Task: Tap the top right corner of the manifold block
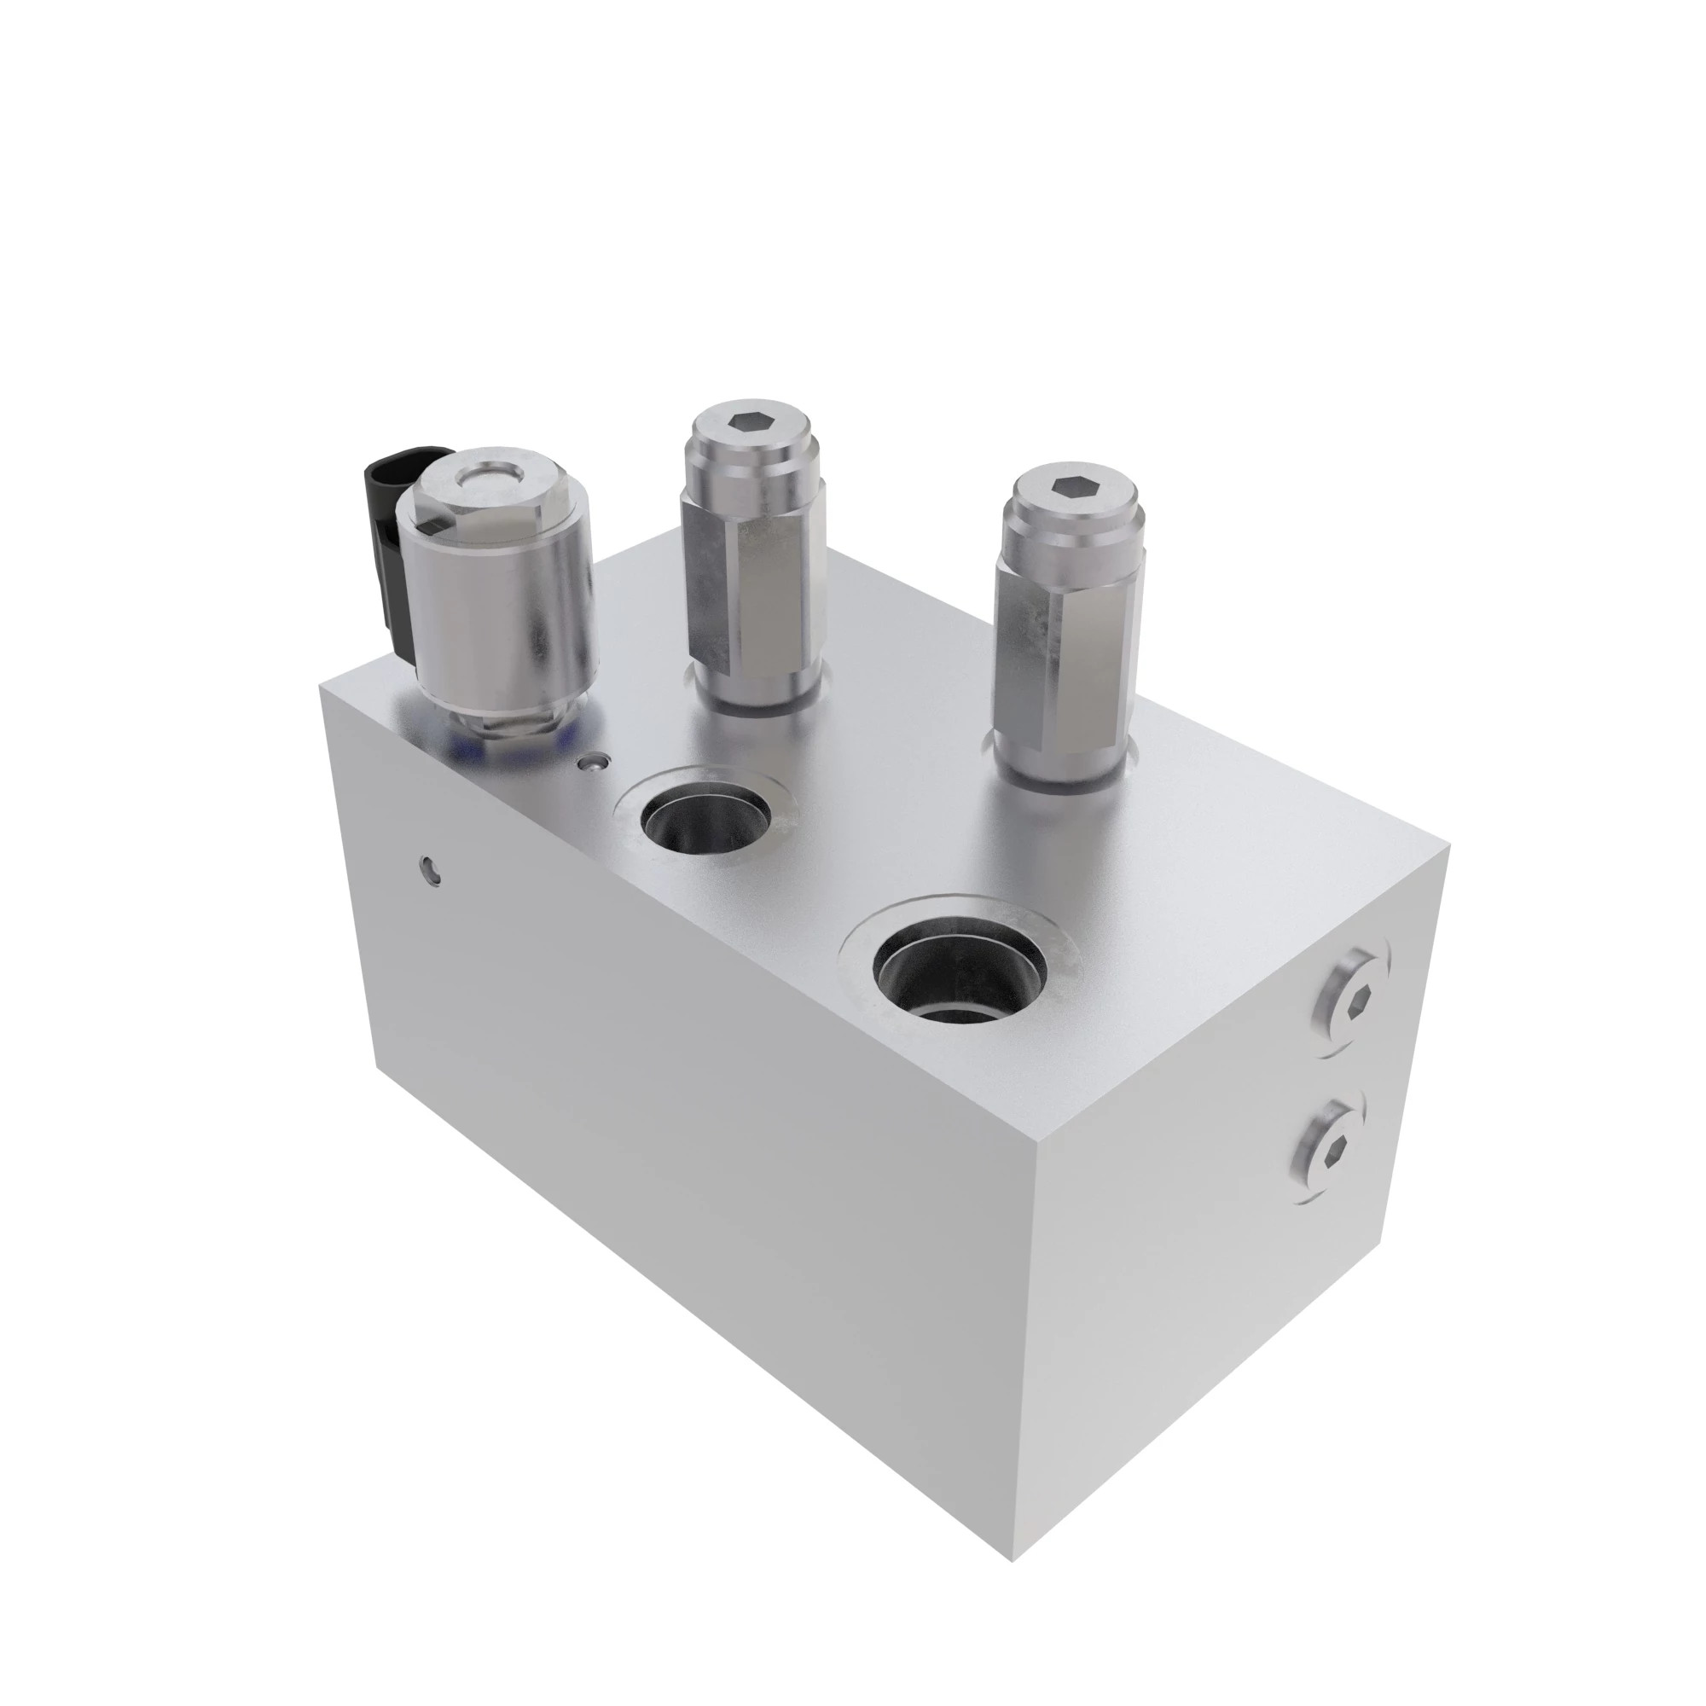(x=1449, y=846)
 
